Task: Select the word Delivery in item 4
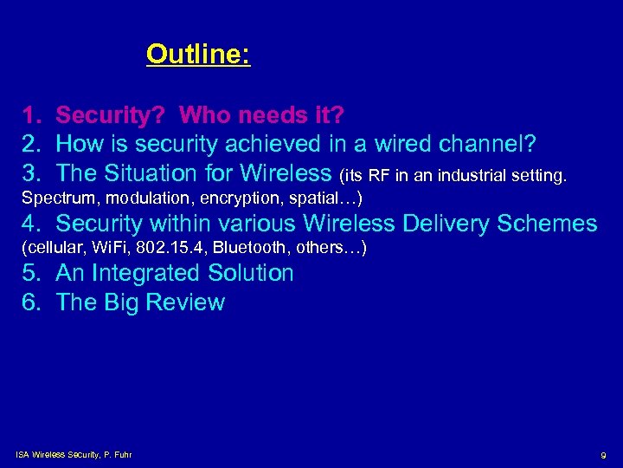434,224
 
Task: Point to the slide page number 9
602,455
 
